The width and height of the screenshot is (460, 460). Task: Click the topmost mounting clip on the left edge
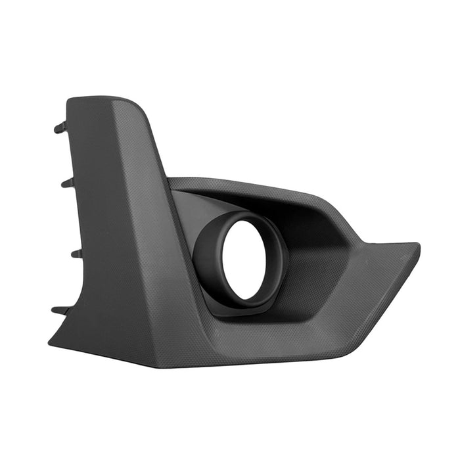pos(60,127)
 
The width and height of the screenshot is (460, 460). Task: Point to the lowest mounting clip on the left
pos(60,310)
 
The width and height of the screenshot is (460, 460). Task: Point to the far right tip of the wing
pos(418,246)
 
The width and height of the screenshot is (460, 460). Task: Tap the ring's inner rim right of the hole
pos(273,263)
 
